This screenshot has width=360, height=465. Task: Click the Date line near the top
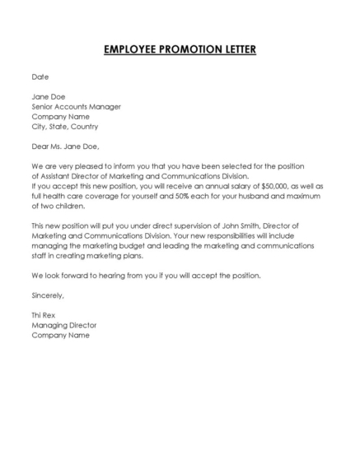[x=40, y=77]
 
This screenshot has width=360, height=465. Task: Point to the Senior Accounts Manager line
[x=77, y=106]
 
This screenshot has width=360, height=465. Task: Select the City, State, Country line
[x=64, y=127]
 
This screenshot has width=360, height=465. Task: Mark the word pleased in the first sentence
[x=87, y=166]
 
